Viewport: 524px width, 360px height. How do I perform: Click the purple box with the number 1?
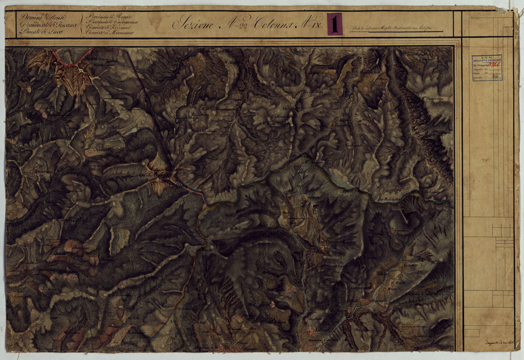(335, 24)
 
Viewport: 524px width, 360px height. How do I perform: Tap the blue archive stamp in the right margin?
(486, 68)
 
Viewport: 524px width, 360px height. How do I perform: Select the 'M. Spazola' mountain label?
(330, 282)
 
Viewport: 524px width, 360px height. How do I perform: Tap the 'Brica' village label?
(390, 289)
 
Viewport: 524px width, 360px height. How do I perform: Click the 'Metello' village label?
(403, 283)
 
